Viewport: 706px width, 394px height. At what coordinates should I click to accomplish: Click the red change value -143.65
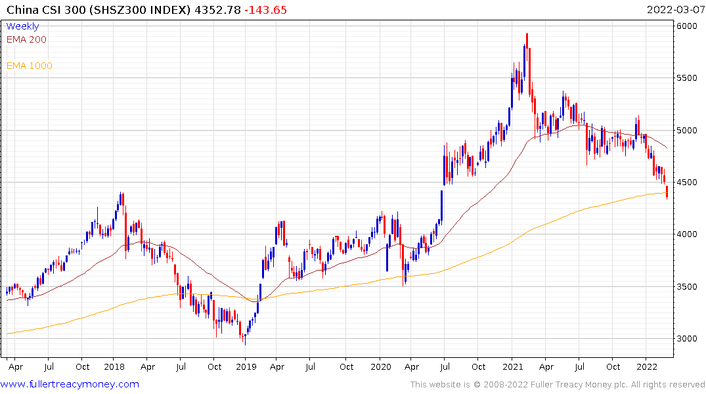coord(265,10)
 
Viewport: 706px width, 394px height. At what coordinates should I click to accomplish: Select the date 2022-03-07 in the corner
coord(674,10)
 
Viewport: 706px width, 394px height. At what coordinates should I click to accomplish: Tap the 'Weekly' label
coord(22,26)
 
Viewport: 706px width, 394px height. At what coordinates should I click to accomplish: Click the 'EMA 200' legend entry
coord(26,39)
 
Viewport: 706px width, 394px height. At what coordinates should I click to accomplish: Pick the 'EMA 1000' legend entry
coord(29,66)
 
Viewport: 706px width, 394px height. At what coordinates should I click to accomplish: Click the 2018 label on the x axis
coord(114,367)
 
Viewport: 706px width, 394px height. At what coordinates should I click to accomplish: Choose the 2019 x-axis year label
coord(246,367)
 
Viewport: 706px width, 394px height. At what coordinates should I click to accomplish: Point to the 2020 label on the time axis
coord(381,367)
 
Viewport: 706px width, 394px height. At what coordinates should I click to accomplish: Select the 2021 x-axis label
coord(513,367)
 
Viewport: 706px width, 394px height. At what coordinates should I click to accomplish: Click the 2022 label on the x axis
coord(647,367)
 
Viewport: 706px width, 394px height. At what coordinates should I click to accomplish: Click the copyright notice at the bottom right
coord(558,385)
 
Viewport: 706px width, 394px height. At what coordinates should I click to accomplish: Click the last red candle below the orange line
coord(667,192)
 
